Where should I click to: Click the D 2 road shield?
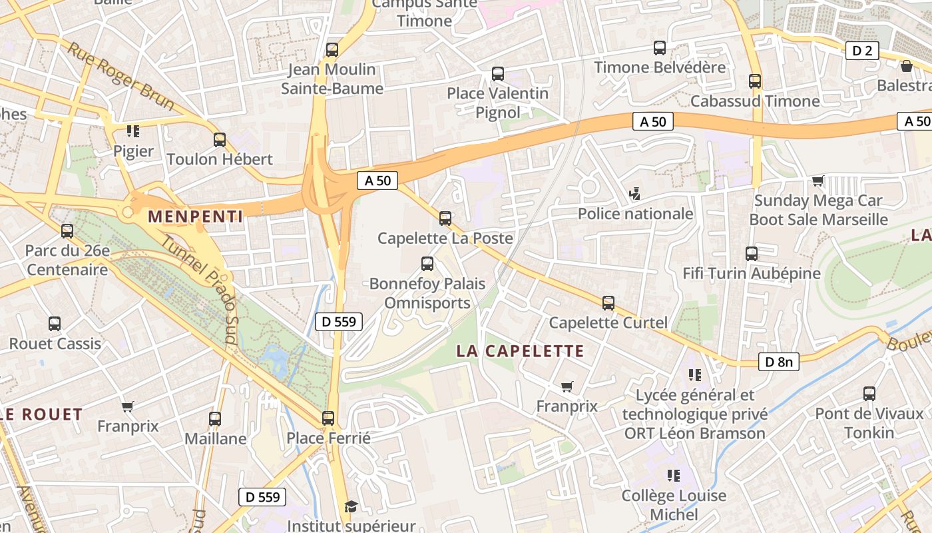(862, 51)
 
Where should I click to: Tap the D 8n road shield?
(778, 362)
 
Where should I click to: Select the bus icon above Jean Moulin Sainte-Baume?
(332, 50)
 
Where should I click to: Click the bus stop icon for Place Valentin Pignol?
(497, 74)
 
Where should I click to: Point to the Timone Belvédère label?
(660, 67)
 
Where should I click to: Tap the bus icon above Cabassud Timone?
(754, 81)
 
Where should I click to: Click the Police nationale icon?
(635, 194)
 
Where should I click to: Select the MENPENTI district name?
(195, 216)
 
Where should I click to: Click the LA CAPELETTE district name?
(520, 351)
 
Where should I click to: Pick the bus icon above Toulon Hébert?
(220, 140)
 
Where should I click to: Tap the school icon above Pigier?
(133, 131)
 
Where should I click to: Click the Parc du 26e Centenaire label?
(67, 261)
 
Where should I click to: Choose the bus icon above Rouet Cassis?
(55, 324)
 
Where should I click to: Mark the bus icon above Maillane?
(215, 419)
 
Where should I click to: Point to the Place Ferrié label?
(328, 438)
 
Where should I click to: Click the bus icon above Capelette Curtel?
(608, 303)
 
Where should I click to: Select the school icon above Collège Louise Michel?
(674, 476)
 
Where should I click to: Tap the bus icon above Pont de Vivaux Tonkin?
(869, 394)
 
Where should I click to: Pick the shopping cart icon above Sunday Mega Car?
(817, 181)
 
